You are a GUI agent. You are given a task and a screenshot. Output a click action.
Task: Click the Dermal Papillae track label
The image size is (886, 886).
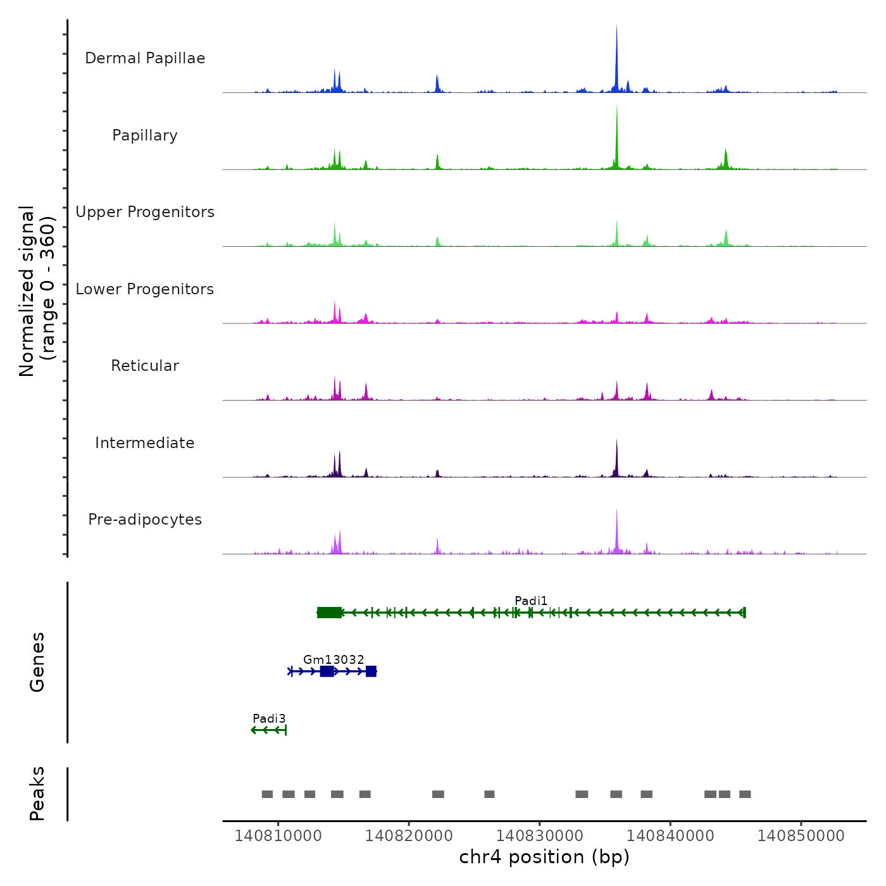(145, 58)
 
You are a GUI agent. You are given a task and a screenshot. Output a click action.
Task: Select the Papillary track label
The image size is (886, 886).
(145, 135)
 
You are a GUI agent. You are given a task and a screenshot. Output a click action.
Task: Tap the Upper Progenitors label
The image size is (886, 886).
(145, 212)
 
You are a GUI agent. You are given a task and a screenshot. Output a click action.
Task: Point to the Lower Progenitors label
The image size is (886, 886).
(145, 289)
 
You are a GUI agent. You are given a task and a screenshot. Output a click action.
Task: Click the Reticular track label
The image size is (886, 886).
(145, 366)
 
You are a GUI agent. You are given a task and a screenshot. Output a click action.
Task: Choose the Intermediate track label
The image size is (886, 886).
(145, 443)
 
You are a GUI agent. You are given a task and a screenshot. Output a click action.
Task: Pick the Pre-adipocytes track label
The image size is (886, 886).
(145, 520)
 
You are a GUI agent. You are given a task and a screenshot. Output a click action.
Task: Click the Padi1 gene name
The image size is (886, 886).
(531, 601)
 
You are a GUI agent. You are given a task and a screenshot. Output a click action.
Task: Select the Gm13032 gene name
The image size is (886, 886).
(334, 659)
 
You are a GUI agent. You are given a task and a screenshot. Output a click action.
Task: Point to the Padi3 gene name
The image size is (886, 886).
(269, 718)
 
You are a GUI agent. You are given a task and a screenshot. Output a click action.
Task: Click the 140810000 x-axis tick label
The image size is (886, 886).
(278, 835)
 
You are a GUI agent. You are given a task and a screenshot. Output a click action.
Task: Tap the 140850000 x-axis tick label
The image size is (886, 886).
(801, 835)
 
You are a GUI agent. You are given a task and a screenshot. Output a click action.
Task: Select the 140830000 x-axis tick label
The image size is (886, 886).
(540, 835)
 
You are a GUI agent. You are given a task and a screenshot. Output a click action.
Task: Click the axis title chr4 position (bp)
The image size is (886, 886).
(544, 857)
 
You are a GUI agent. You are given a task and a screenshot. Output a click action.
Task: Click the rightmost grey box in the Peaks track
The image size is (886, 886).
(745, 794)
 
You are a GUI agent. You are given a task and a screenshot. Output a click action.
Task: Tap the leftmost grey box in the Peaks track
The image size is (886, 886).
(267, 794)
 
